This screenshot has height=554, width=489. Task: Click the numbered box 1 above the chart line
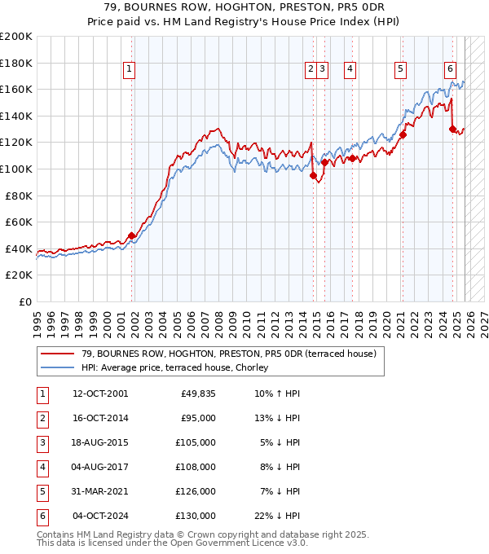(x=130, y=70)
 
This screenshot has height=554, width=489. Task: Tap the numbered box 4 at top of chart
(x=349, y=70)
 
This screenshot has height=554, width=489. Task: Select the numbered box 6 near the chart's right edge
(x=450, y=70)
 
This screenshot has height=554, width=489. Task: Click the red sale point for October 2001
(x=132, y=235)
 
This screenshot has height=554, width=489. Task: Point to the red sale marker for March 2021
(x=403, y=135)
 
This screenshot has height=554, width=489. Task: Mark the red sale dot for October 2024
(x=452, y=129)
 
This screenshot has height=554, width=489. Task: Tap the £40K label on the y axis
(x=19, y=248)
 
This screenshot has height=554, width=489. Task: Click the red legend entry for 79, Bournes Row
(x=228, y=354)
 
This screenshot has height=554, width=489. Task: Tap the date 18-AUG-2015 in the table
(x=99, y=442)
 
